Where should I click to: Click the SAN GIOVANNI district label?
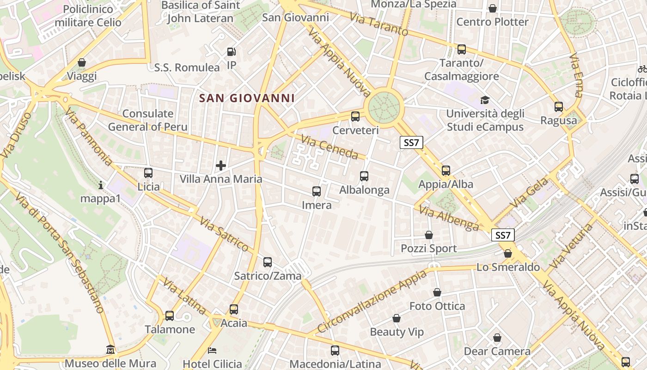pos(247,98)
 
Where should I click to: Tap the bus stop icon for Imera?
pos(317,191)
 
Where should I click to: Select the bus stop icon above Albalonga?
pos(364,176)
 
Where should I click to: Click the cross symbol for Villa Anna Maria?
pos(221,165)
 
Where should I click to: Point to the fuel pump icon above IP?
pos(232,52)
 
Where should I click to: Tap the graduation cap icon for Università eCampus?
pos(485,100)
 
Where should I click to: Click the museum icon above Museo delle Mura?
pos(110,349)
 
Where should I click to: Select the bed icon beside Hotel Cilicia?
pos(213,350)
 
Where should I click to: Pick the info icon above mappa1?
pos(101,185)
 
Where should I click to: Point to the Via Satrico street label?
pos(224,235)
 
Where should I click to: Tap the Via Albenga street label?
pos(449,218)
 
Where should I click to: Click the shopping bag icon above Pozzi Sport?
pos(429,235)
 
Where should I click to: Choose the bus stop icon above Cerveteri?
pos(355,117)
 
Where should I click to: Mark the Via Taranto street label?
pos(379,24)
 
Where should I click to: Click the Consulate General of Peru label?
pos(148,120)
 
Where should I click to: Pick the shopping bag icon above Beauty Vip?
pos(397,318)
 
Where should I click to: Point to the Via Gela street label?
pos(530,193)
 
